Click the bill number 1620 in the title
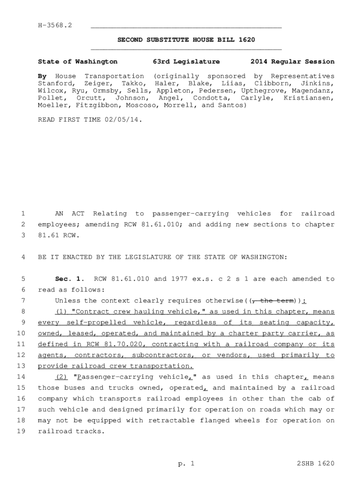point(246,40)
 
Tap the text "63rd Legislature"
point(186,62)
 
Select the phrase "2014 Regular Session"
point(292,62)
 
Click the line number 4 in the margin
point(22,257)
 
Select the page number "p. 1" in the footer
point(186,464)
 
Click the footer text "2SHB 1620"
point(316,464)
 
